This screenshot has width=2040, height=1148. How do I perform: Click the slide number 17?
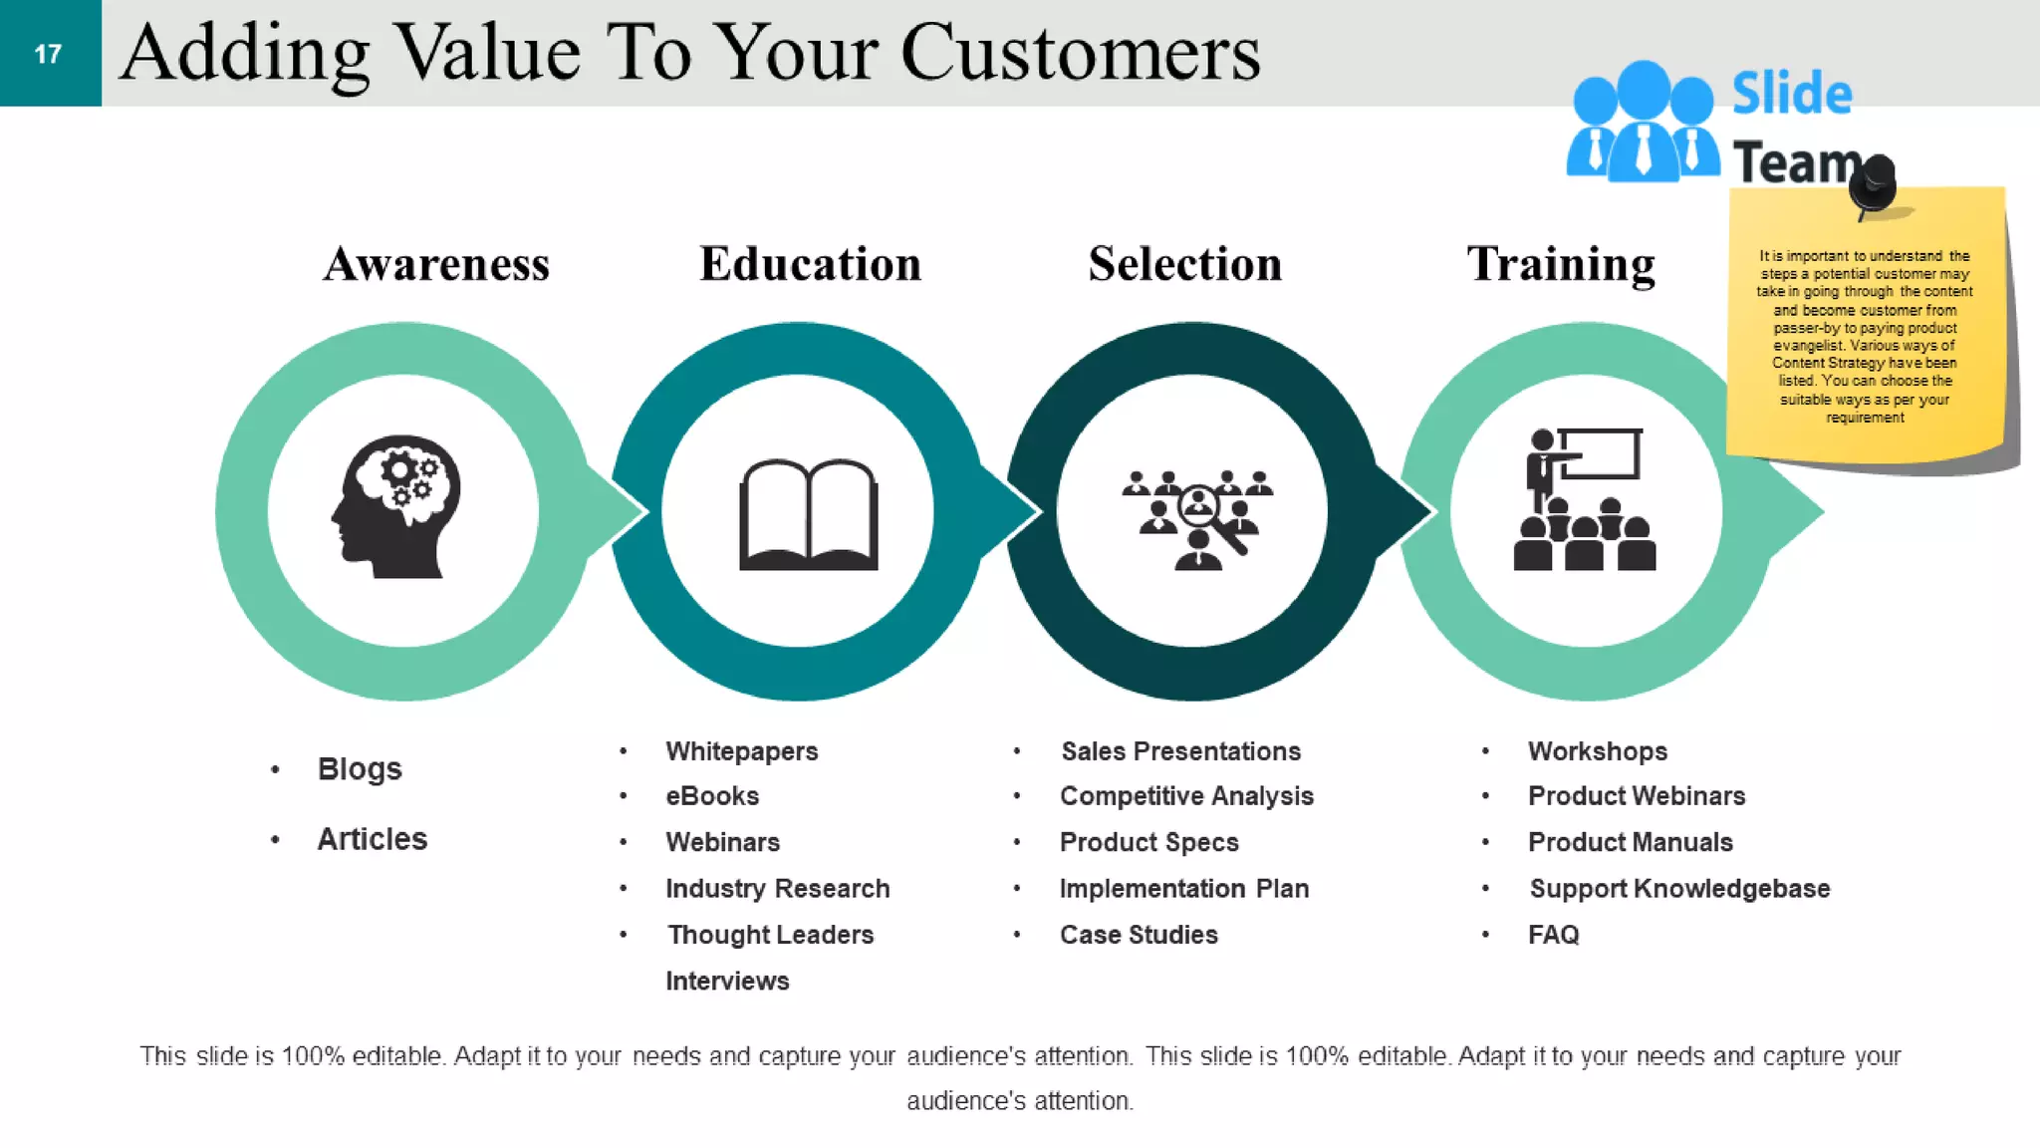(x=48, y=54)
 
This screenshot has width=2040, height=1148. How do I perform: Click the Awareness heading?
(x=436, y=264)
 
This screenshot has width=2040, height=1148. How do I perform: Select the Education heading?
(x=810, y=264)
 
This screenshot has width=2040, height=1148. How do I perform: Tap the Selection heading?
(x=1184, y=264)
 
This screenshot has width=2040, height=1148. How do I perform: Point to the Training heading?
(x=1560, y=265)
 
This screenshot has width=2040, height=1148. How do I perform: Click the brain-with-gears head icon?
(x=397, y=506)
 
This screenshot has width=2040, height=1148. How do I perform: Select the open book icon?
(x=808, y=514)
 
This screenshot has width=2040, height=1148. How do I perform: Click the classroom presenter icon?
(x=1584, y=499)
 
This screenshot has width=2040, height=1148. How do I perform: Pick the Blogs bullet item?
(x=360, y=769)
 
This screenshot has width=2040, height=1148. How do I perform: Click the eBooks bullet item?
(x=712, y=796)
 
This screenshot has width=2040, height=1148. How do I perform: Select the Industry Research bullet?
(x=777, y=888)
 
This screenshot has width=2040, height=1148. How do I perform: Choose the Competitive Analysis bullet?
(x=1186, y=796)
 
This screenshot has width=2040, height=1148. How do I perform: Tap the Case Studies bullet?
(x=1139, y=935)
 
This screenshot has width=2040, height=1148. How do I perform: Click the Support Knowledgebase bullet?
(x=1679, y=888)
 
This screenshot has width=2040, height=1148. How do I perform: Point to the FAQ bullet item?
(x=1554, y=935)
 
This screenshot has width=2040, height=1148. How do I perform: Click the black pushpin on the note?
(x=1874, y=183)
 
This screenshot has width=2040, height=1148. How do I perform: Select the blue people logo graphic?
(x=1643, y=124)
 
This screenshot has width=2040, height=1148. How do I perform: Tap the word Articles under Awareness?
(x=372, y=839)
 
